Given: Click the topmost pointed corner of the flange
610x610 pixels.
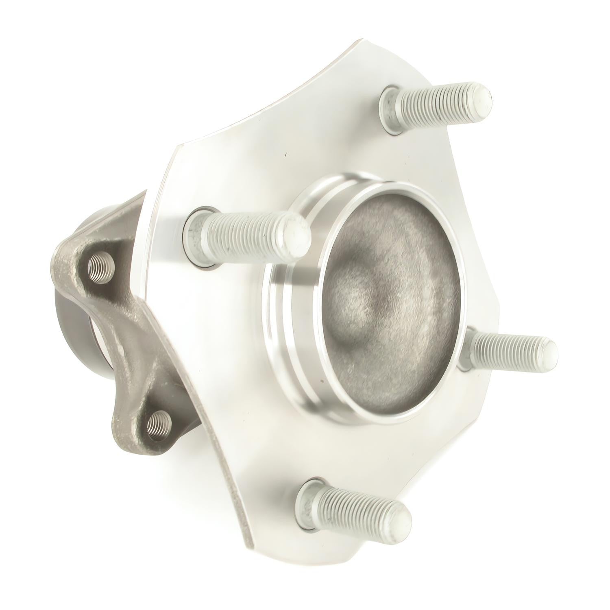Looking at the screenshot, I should coord(360,41).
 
